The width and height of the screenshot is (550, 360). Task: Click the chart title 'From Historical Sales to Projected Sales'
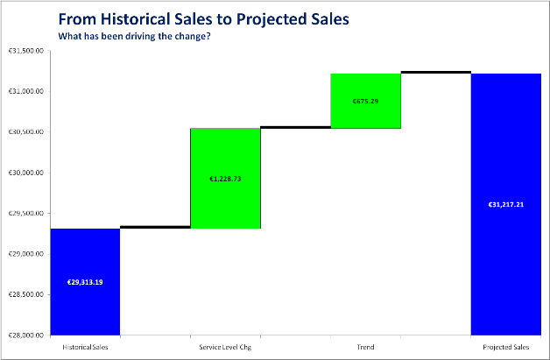pos(203,19)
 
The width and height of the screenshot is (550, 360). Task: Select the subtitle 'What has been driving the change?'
pos(134,36)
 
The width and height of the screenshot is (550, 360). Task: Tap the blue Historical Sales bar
pos(85,282)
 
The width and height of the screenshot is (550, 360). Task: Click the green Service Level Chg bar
pos(226,178)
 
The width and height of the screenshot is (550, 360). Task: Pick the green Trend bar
pos(366,101)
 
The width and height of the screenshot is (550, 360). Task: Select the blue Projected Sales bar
pos(506,204)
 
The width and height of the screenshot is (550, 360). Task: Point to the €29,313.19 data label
pos(85,282)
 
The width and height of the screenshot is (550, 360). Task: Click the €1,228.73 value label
pos(226,179)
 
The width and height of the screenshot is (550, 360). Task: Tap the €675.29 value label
pos(365,102)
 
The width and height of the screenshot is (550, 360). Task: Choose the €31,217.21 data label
pos(506,205)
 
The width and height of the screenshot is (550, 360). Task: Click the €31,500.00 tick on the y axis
pos(26,51)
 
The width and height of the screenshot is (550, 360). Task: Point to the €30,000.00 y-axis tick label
pos(26,173)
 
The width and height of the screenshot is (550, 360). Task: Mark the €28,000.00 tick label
pos(26,335)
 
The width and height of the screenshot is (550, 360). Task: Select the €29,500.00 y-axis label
pos(26,214)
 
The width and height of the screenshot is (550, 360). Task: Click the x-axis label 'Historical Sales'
pos(85,347)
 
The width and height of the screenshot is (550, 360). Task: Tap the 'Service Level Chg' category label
pos(225,347)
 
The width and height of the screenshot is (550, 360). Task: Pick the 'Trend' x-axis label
pos(365,347)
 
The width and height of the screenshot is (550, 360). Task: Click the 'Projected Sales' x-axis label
pos(506,347)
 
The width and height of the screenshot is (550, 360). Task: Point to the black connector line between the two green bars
pos(296,127)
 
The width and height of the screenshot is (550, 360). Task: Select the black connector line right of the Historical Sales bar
pos(155,227)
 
